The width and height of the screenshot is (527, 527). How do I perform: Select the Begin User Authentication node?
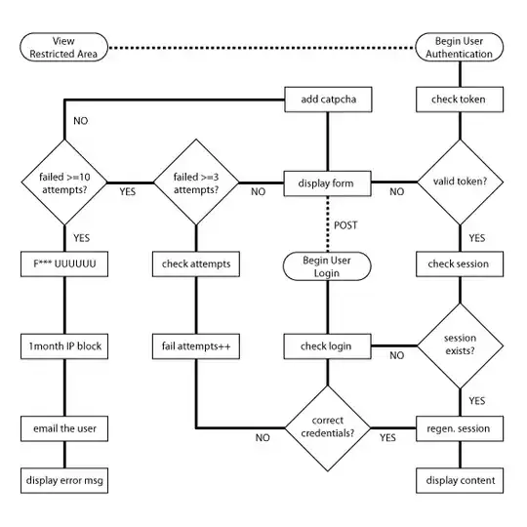point(459,46)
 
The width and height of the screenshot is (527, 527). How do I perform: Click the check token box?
point(459,99)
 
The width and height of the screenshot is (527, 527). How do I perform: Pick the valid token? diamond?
point(459,181)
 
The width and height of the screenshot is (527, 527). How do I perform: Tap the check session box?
point(459,264)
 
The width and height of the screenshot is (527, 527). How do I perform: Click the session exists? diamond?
point(459,345)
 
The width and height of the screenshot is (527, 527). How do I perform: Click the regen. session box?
point(459,428)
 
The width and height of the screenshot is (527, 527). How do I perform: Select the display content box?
point(459,480)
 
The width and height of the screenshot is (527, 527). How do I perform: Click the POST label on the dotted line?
point(345,224)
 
